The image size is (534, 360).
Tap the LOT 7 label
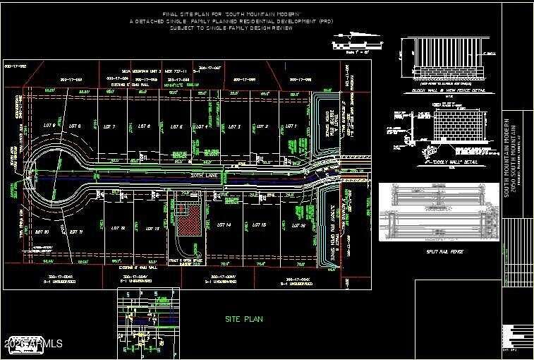[x=109, y=126]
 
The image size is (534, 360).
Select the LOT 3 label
[x=235, y=127]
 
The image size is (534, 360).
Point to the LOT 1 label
[x=289, y=126]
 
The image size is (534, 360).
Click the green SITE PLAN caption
[x=244, y=319]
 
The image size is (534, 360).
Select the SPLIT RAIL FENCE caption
[x=443, y=251]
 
